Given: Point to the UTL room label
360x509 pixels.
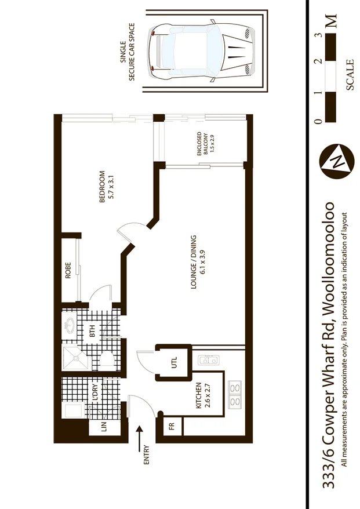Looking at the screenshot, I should point(172,363).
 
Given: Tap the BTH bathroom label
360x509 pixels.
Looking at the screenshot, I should point(92,333).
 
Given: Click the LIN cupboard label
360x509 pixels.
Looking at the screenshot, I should point(104,428).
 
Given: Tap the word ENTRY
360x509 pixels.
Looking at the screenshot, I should point(147,455).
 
